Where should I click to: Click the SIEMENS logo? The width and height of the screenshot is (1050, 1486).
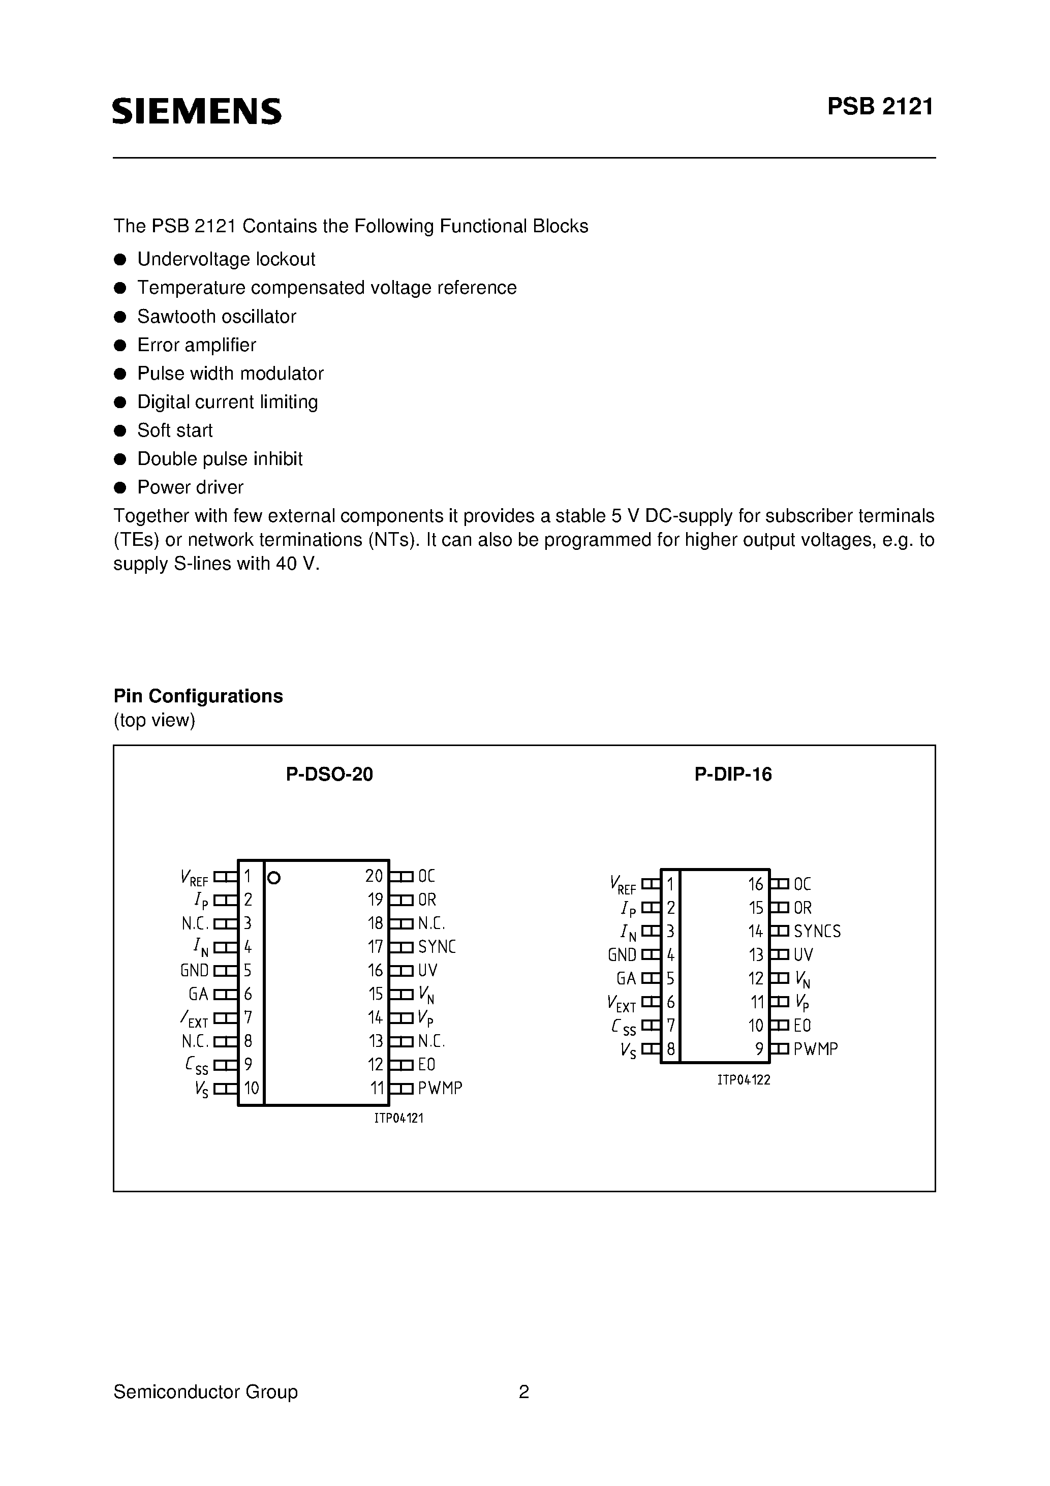197,111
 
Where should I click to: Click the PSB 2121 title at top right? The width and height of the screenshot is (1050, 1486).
880,107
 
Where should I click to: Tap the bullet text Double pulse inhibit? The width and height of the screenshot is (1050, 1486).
220,459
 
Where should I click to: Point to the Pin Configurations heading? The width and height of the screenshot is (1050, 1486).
198,696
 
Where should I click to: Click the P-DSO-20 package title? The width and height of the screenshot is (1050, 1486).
329,774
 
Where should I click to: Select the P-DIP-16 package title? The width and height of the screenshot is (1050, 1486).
733,774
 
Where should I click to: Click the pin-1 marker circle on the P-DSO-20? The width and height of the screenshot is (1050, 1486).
274,878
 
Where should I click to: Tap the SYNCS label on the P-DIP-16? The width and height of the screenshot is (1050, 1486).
817,932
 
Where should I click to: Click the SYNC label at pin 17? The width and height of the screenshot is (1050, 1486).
437,947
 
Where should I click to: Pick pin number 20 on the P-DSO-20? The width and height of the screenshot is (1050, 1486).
374,876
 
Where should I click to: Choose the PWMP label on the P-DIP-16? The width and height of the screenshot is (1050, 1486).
816,1049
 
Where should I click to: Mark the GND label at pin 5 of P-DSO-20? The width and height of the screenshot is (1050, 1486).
194,971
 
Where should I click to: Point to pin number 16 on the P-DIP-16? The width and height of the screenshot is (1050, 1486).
755,884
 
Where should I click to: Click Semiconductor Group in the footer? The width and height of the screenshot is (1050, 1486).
205,1391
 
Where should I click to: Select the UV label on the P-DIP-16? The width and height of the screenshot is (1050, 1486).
804,954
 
